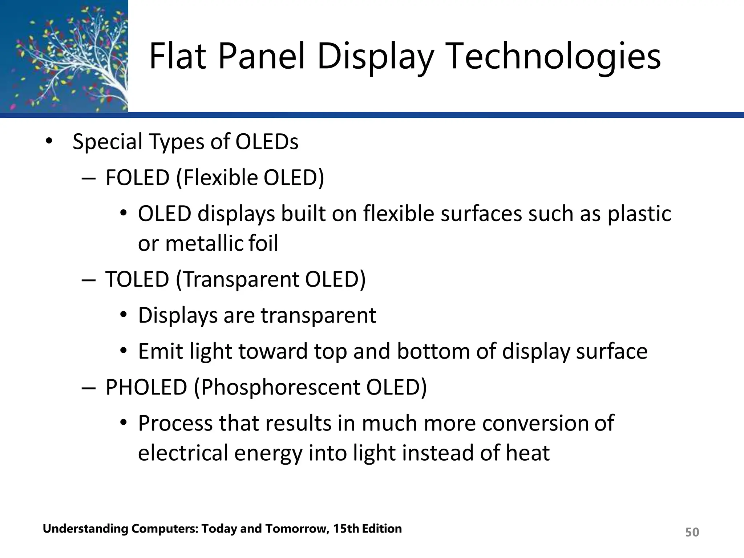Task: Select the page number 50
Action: tap(692, 532)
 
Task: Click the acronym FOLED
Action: tap(137, 178)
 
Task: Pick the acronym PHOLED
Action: tap(146, 387)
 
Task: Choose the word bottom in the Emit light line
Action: tap(433, 351)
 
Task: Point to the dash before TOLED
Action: tap(88, 280)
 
